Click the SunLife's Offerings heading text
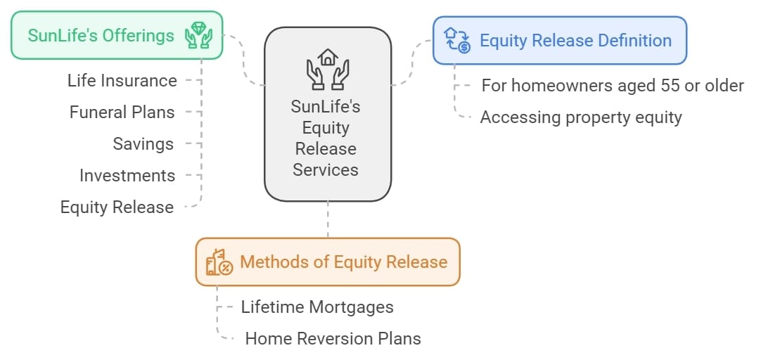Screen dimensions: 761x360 [101, 35]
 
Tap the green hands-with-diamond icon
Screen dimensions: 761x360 [198, 35]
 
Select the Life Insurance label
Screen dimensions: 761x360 [122, 81]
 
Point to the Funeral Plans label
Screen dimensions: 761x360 [122, 112]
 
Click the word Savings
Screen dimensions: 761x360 [143, 144]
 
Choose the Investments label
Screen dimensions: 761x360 [127, 176]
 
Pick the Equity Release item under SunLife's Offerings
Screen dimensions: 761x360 [117, 207]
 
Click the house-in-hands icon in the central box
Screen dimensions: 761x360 [328, 69]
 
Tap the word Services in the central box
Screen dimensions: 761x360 [326, 170]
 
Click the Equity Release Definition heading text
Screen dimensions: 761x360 [575, 40]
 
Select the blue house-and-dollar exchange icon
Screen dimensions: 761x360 [457, 40]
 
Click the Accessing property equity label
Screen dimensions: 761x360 [581, 117]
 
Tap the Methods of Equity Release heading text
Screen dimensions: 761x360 [344, 262]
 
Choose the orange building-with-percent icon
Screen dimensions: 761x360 [219, 262]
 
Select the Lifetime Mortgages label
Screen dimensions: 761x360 [317, 307]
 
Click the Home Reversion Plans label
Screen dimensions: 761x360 [333, 339]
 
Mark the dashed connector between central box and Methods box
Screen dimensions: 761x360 [328, 219]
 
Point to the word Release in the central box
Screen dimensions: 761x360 [326, 149]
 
